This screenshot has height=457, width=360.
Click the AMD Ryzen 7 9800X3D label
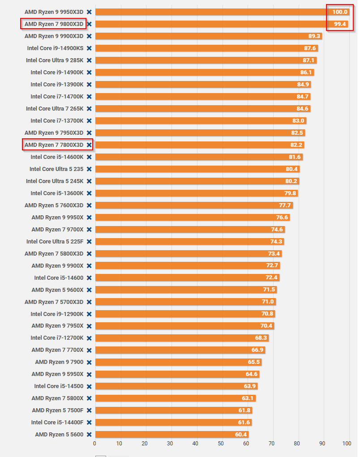tap(54, 24)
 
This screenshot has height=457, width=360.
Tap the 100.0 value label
tap(340, 12)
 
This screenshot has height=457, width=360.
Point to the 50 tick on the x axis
tap(221, 443)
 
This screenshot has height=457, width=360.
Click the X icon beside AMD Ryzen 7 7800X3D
tap(89, 145)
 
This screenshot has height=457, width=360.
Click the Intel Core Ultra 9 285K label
tap(55, 60)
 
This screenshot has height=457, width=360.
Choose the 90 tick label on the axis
tap(321, 443)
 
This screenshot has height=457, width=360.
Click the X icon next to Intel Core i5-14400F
tap(89, 422)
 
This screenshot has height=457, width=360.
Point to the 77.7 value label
tap(285, 205)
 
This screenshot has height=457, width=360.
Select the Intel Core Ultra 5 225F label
tap(55, 241)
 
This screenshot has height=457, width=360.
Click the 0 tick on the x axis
tap(94, 443)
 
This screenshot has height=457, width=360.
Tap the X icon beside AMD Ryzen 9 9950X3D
tap(89, 12)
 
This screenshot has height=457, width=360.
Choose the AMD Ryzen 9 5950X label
tap(57, 374)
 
